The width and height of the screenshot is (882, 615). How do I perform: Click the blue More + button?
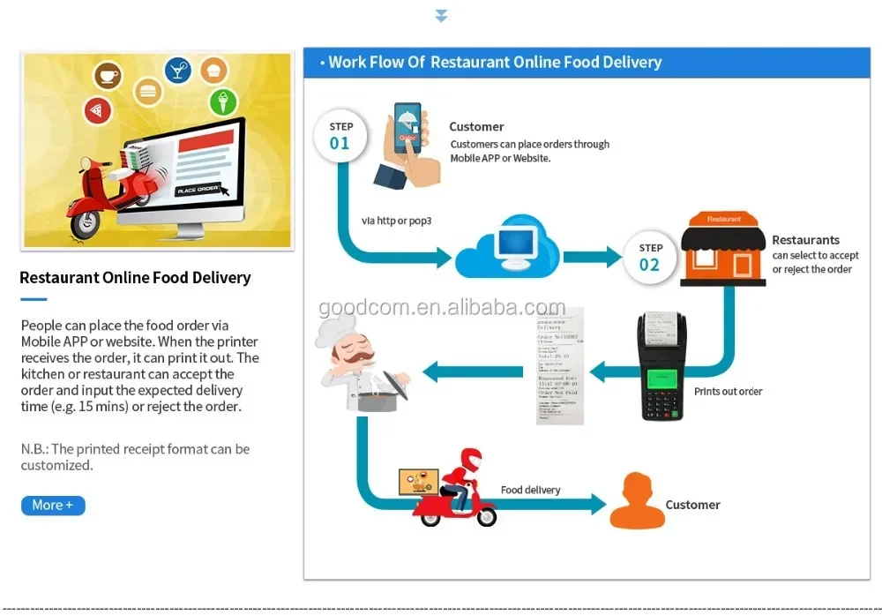point(53,506)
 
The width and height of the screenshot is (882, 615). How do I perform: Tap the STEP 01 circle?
point(340,136)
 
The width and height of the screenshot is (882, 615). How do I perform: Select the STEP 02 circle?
point(650,257)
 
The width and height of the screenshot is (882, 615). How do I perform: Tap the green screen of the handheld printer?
point(662,379)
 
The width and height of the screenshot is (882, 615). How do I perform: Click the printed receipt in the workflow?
point(560,365)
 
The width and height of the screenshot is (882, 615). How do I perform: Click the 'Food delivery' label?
point(530,490)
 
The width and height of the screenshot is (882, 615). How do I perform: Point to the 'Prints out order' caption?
point(728,391)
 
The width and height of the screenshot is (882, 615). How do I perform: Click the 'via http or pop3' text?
point(396,221)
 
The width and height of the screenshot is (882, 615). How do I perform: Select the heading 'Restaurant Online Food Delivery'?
point(135,278)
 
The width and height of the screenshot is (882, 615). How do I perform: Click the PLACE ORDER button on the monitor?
point(197,191)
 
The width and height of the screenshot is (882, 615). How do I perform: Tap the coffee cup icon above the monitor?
point(108,76)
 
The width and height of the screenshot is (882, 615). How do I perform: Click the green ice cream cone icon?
point(223,102)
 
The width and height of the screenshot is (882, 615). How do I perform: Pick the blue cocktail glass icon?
point(179,70)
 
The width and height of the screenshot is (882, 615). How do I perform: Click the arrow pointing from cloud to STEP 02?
point(592,257)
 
